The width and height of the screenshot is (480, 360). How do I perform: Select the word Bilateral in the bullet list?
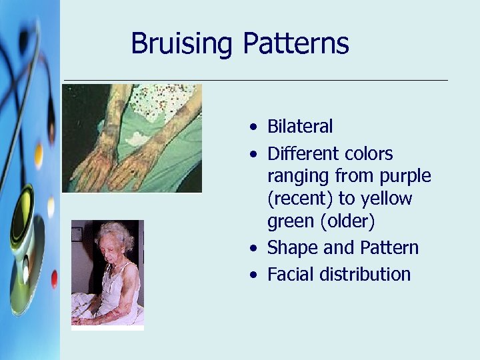[x=299, y=127]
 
